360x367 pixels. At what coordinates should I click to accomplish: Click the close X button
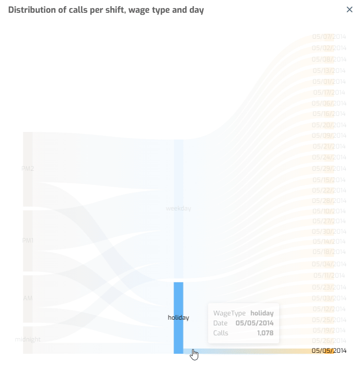pos(350,9)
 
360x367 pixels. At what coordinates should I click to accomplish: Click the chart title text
pos(106,10)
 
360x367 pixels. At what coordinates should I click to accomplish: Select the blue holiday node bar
pos(178,317)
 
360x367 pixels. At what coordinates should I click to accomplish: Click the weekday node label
pos(178,208)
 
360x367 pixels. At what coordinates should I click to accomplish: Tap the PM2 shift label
pos(28,168)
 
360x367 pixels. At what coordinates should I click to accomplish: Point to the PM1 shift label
pos(28,240)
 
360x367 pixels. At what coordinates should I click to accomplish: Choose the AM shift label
pos(28,298)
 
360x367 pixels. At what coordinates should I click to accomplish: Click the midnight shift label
pos(27,339)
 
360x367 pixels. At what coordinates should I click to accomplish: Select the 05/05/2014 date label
pos(329,350)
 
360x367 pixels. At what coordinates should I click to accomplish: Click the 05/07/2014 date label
pos(329,36)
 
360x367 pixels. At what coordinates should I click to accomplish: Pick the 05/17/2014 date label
pos(329,92)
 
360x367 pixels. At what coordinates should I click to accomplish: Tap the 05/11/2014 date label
pos(329,275)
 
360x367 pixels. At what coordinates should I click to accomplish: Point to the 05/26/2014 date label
pos(329,341)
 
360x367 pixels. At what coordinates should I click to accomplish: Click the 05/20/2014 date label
pos(329,125)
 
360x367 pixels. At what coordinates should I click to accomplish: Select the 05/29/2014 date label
pos(329,168)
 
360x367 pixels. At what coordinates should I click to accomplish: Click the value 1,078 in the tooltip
pos(265,333)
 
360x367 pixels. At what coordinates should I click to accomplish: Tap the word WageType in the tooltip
pos(229,313)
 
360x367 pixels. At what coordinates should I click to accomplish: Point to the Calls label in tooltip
pos(221,333)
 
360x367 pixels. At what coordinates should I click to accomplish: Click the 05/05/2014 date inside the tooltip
pos(255,323)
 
